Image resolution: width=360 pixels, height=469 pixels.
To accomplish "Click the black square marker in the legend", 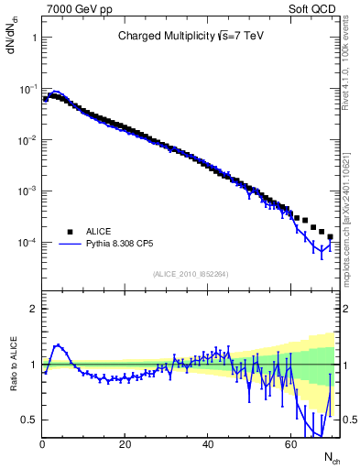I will coord(70,232).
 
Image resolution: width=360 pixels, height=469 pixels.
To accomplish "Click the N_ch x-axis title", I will coord(331,455).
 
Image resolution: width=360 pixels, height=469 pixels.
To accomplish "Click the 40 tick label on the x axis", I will coord(208,444).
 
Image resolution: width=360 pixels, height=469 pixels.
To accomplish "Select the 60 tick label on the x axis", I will coord(290,444).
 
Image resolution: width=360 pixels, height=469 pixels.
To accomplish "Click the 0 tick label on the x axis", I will coord(42,444).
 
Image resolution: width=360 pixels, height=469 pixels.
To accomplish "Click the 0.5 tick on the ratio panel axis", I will coord(29,420).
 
